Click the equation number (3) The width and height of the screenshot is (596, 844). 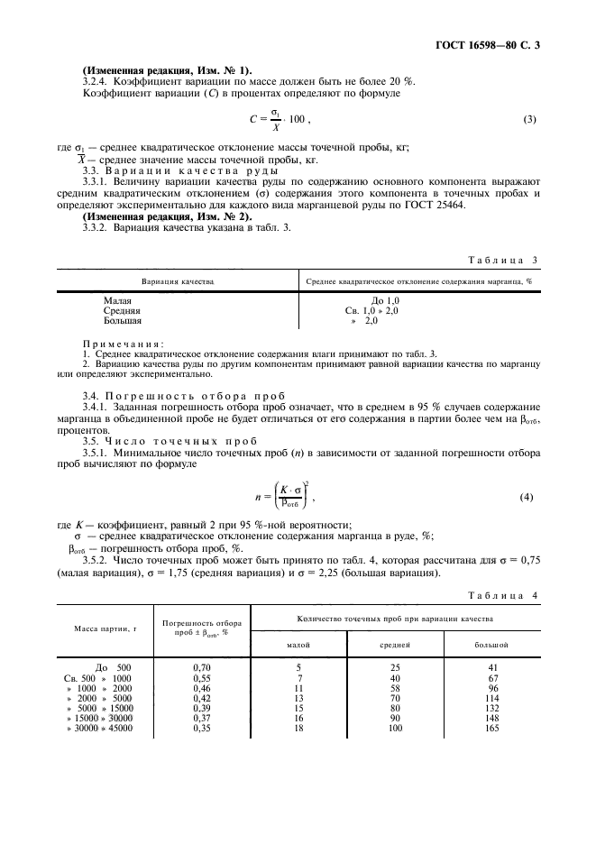pos(530,120)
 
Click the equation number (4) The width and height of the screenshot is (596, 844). pos(530,498)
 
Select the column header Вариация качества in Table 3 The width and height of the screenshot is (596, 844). pos(178,281)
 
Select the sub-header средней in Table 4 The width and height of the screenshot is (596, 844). pos(395,646)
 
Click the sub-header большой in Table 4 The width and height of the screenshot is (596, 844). pos(491,646)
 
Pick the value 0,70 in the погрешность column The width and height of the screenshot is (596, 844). pos(202,667)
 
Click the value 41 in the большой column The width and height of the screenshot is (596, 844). pos(491,667)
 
